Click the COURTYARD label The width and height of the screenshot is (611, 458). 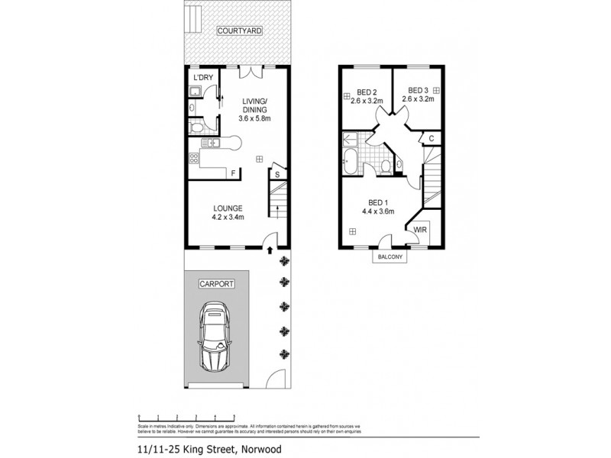click(x=239, y=31)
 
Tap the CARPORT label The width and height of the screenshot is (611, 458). click(x=215, y=283)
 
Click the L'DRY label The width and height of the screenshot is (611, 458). click(x=202, y=78)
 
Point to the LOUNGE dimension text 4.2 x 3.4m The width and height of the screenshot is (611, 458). click(x=228, y=218)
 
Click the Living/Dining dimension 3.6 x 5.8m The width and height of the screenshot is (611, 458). click(x=254, y=119)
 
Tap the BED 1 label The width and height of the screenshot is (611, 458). click(x=377, y=202)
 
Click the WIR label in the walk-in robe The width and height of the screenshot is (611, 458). click(x=419, y=229)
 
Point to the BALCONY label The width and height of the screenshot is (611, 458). click(x=390, y=257)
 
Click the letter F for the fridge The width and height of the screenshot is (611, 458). click(x=233, y=173)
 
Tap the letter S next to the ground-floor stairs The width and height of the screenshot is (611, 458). click(x=277, y=174)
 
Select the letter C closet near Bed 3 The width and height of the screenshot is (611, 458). click(x=432, y=137)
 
